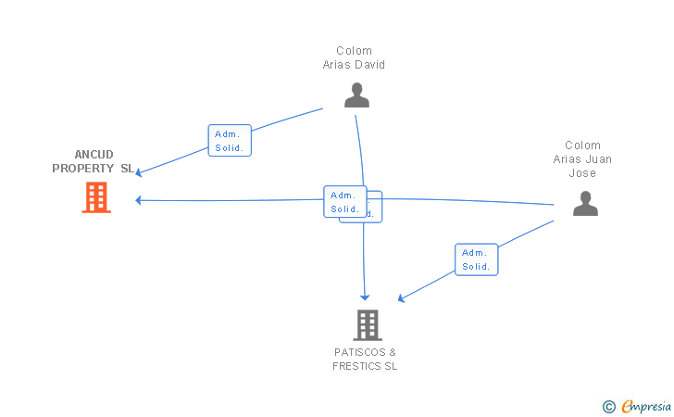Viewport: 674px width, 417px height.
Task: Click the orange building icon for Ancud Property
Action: (x=96, y=197)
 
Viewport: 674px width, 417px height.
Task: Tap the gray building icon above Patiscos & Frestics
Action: (x=368, y=325)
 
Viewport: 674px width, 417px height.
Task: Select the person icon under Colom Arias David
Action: (x=356, y=95)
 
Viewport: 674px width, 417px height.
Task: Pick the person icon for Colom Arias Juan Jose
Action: (x=585, y=204)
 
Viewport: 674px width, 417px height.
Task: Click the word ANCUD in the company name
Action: (x=94, y=155)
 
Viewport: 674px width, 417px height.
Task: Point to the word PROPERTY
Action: (x=83, y=169)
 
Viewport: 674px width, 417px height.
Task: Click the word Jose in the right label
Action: (x=582, y=173)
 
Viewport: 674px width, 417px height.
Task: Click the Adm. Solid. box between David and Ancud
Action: (x=230, y=141)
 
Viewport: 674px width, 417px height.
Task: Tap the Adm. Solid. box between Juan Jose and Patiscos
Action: (x=476, y=259)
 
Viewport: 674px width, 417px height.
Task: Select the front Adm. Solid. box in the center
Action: (x=345, y=202)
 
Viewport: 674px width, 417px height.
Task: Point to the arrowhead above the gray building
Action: (x=365, y=297)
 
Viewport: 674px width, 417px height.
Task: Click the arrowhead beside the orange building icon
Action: (x=139, y=200)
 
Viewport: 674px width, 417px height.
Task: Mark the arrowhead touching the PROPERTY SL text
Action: (x=139, y=172)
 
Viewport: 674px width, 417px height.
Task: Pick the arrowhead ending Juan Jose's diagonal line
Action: (x=401, y=298)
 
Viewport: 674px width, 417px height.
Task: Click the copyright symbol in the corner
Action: (x=608, y=407)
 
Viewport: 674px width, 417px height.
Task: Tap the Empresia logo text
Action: (x=646, y=406)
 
